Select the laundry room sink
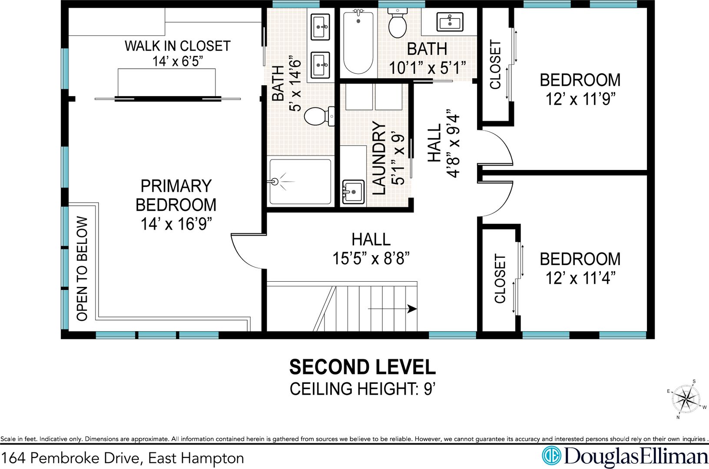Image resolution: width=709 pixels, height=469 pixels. click(353, 192)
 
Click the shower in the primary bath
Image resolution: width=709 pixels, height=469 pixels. click(300, 182)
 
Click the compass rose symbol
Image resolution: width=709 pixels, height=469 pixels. click(686, 399)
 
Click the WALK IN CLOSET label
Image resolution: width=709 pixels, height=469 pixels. click(178, 46)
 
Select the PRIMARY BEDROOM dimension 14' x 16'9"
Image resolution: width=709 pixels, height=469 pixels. click(176, 224)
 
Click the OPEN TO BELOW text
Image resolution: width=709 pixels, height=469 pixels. click(82, 269)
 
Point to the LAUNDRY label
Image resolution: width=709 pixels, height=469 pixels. click(379, 158)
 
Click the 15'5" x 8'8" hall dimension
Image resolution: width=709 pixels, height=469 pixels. click(371, 259)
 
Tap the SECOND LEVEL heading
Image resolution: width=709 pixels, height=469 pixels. click(362, 367)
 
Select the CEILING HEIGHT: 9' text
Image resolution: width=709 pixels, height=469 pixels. click(363, 389)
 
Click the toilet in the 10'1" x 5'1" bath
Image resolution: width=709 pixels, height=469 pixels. click(398, 23)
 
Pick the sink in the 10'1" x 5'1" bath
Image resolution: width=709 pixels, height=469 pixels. click(450, 22)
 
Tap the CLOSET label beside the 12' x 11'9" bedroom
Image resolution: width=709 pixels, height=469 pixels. click(495, 64)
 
